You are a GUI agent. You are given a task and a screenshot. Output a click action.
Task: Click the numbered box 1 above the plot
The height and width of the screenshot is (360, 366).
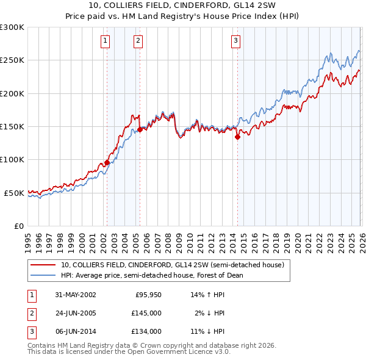click(106, 41)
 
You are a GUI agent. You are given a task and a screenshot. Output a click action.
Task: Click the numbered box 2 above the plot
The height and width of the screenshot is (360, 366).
click(138, 41)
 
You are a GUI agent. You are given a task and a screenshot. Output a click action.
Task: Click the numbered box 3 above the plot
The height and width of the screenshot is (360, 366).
click(235, 41)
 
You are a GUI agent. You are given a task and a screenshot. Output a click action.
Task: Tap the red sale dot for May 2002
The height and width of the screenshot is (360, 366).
click(107, 162)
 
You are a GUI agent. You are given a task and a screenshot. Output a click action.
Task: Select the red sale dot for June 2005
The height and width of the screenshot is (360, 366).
click(140, 129)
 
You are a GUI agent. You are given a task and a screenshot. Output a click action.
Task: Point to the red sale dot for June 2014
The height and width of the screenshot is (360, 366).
click(237, 137)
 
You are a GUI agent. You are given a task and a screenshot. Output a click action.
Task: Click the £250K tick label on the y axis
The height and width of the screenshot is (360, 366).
click(12, 60)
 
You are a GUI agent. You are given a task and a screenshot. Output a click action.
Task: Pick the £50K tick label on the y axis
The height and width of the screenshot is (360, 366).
click(14, 193)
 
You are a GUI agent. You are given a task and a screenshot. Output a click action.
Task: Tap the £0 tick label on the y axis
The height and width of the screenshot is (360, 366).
click(19, 226)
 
